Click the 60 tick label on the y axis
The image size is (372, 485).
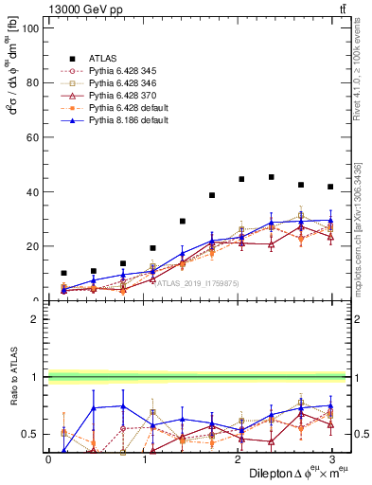31,137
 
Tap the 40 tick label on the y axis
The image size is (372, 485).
31,191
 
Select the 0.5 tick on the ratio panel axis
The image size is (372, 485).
29,434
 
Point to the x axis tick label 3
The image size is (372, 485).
330,458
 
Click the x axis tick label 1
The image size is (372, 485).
143,458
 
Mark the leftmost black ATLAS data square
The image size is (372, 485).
63,273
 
